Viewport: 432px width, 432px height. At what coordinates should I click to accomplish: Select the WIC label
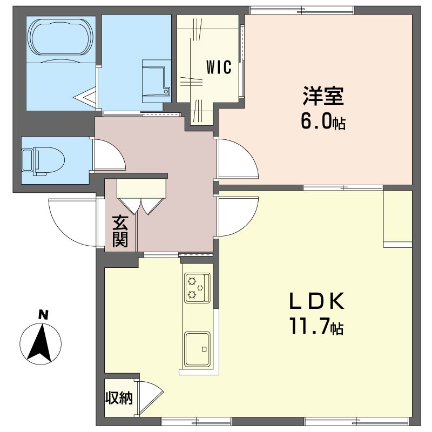[x=219, y=67]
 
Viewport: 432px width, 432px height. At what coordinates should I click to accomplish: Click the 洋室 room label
[x=323, y=97]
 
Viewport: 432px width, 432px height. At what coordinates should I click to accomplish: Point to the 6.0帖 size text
[x=323, y=122]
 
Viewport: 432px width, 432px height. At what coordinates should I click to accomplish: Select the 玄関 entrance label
[x=120, y=231]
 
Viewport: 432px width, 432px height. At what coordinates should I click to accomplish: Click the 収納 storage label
[x=118, y=399]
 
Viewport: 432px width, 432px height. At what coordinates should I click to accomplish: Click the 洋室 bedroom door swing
[x=236, y=159]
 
